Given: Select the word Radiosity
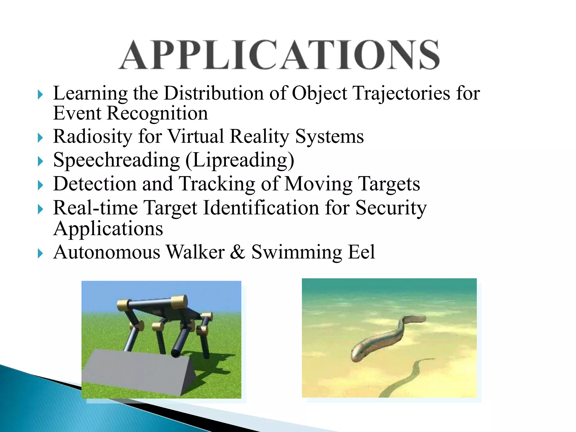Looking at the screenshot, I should point(93,137).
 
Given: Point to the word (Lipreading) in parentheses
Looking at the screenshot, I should point(240,160).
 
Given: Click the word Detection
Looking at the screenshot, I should point(95,184).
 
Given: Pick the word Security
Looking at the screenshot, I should point(391,208).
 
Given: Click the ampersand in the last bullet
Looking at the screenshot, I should point(238,252).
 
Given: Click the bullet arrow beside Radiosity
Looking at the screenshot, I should point(40,138).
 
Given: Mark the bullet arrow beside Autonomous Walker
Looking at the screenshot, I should point(40,253).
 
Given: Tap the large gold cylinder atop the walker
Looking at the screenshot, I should point(179,302).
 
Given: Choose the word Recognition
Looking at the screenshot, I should point(157,113).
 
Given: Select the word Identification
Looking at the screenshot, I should point(261,208).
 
